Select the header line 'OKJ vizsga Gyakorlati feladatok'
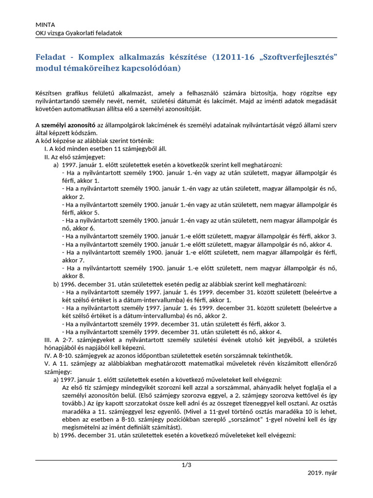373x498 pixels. click(x=79, y=33)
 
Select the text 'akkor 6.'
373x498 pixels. click(x=73, y=228)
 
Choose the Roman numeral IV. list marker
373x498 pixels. click(x=48, y=356)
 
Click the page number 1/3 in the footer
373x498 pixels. click(x=186, y=465)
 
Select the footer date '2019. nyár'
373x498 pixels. click(x=322, y=473)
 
